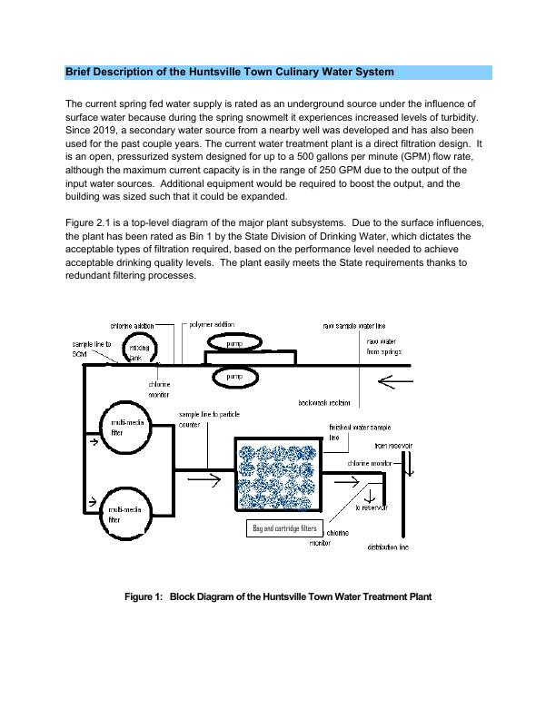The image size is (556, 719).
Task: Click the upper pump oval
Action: pos(233,343)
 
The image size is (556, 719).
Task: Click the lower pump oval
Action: pos(233,375)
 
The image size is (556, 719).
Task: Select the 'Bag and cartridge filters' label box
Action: pos(283,528)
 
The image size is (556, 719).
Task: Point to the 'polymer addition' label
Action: pos(211,324)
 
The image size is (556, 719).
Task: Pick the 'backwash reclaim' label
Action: pos(324,403)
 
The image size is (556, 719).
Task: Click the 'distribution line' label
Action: pos(388,547)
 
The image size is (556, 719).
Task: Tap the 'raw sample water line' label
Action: pos(360,325)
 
